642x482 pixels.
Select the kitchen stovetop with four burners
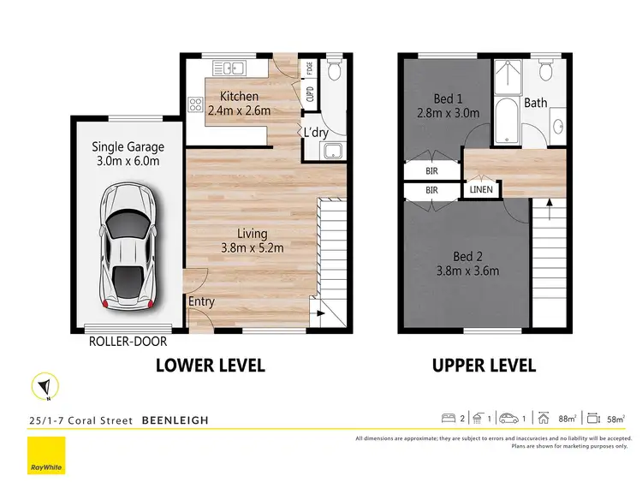coord(195,107)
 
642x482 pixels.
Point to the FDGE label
coord(309,68)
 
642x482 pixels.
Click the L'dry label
coord(316,132)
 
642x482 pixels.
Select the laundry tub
coord(330,152)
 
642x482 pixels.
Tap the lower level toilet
coord(334,70)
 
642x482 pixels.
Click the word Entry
coord(201,301)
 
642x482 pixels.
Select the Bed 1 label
coord(443,98)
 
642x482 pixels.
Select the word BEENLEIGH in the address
coord(175,420)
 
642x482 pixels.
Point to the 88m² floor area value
coord(564,419)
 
